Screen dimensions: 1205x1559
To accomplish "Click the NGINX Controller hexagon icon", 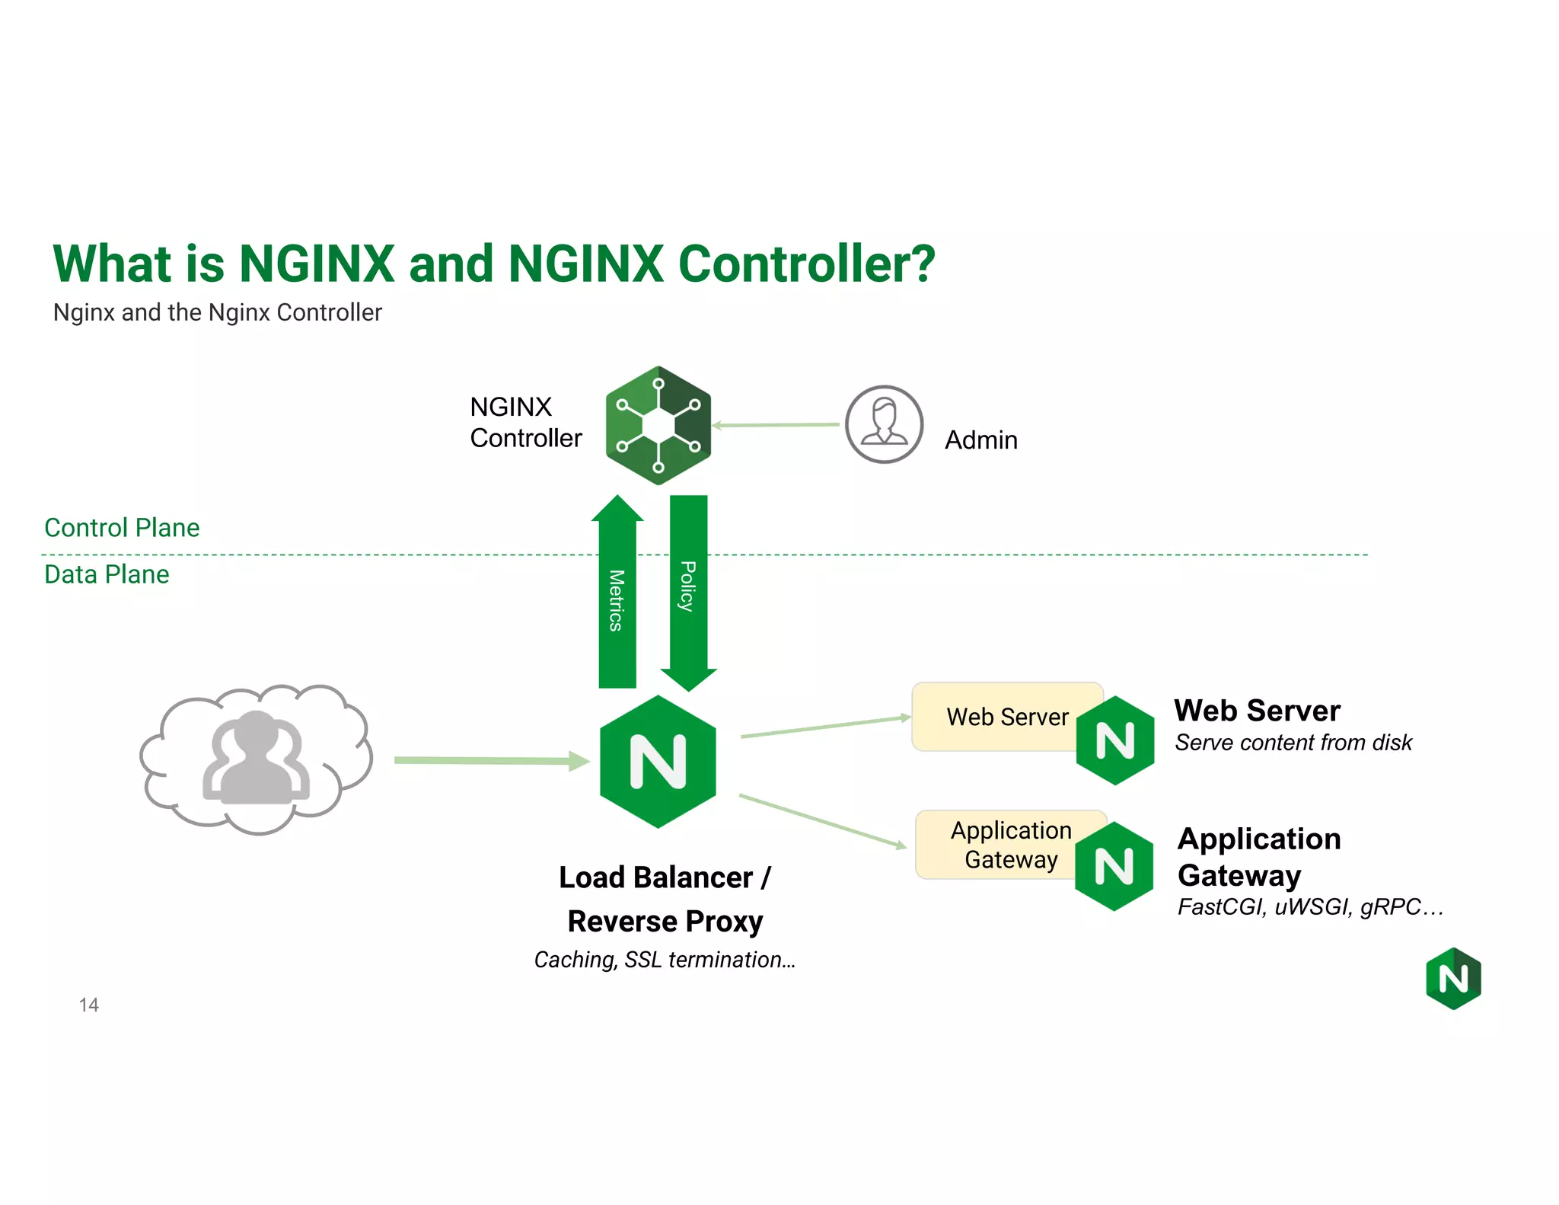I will click(x=658, y=425).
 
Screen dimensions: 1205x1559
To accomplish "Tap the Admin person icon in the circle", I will click(x=884, y=424).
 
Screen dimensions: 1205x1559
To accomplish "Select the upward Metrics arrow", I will click(x=617, y=594).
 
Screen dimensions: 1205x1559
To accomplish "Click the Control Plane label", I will click(x=122, y=528).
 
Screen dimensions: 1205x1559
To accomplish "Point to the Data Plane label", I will click(x=107, y=574).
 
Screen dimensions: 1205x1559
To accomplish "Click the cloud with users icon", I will click(x=257, y=759).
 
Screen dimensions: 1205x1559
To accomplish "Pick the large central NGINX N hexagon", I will click(x=658, y=761).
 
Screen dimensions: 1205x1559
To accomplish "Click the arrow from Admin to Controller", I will click(x=776, y=425).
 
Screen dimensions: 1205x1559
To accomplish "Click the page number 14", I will click(x=88, y=1005).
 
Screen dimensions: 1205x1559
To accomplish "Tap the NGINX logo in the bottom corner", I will click(x=1453, y=979).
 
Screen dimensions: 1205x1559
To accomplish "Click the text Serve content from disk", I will click(x=1293, y=743).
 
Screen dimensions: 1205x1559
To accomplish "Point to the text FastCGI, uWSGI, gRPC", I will click(x=1309, y=907).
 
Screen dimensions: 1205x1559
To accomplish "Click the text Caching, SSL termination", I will click(x=665, y=960).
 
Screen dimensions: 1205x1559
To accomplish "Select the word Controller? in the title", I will click(x=807, y=264).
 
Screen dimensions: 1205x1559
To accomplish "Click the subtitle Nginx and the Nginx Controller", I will click(x=217, y=312).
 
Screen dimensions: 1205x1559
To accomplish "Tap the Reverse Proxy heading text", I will click(x=665, y=922).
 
